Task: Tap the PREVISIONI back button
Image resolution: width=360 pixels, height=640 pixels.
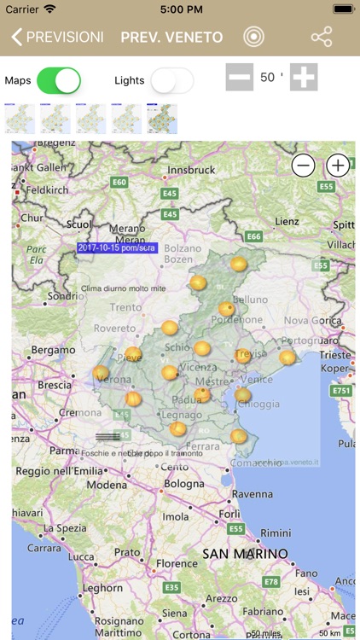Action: (57, 38)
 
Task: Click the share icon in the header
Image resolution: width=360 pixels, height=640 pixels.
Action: (322, 38)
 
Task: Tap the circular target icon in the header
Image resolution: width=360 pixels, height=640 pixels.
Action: (253, 38)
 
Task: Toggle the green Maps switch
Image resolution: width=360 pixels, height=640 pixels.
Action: (59, 80)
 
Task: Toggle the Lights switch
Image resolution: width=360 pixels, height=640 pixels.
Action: (171, 80)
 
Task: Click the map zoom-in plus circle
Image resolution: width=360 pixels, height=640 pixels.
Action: (338, 166)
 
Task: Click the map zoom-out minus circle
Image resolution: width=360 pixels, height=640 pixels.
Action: (304, 166)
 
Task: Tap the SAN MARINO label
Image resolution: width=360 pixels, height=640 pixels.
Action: (246, 554)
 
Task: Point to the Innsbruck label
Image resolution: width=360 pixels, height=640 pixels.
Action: (191, 171)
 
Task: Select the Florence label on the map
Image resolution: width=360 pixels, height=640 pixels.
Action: (177, 564)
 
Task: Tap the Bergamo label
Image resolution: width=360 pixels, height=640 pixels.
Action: (53, 351)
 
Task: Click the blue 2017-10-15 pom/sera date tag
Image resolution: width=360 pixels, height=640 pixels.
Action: (118, 247)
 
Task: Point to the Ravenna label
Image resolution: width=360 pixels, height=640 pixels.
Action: (252, 494)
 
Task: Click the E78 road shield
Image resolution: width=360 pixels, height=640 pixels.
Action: (272, 581)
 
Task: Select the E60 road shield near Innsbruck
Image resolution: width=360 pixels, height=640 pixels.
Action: (119, 182)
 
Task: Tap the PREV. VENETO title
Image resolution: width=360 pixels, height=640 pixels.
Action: (171, 38)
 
